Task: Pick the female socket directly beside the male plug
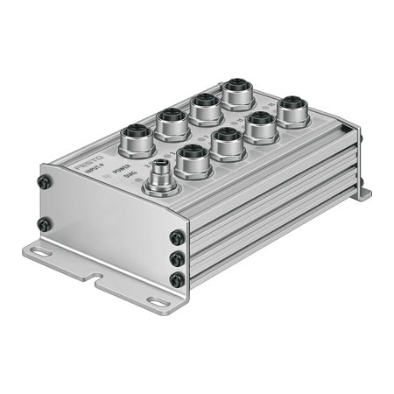point(193,159)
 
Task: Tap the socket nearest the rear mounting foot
point(292,110)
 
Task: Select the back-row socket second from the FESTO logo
point(172,121)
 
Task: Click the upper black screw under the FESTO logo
point(44,182)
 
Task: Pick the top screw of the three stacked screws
point(177,237)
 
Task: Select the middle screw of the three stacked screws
point(177,259)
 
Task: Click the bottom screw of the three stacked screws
point(177,279)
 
